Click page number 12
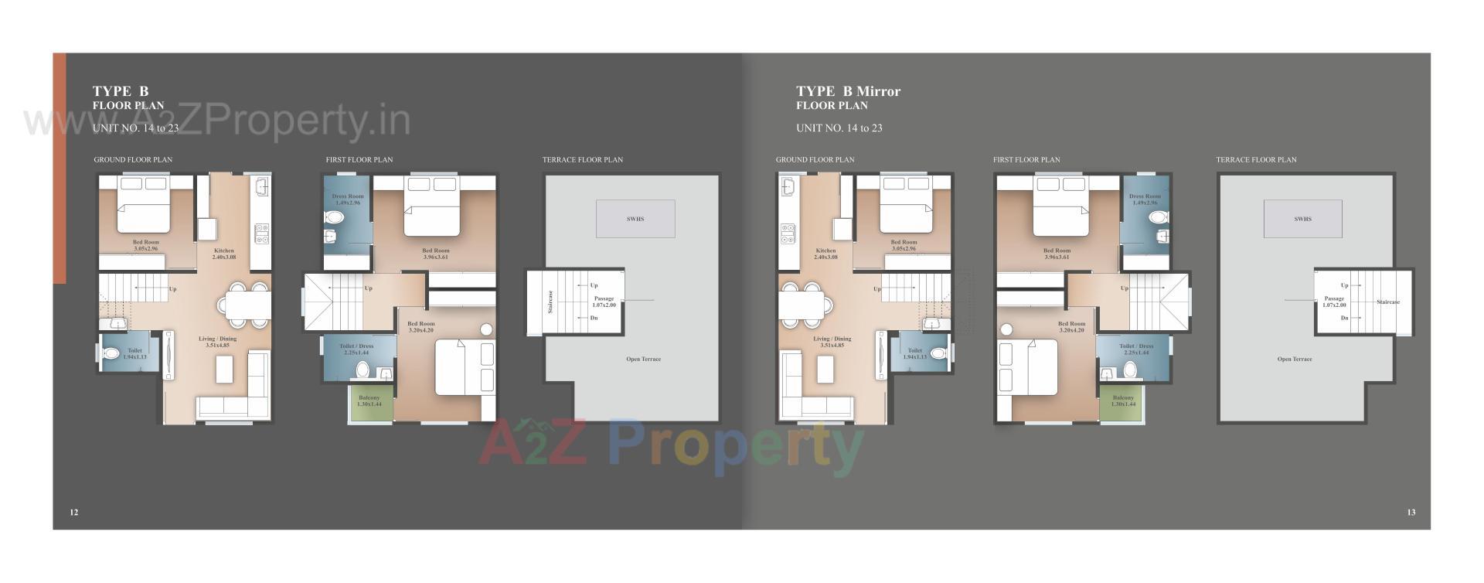(x=74, y=512)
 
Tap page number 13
(x=1411, y=512)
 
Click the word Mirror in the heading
(x=879, y=91)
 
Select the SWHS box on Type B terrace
(x=635, y=219)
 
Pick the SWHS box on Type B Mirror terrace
(x=1302, y=219)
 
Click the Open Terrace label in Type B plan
(x=644, y=359)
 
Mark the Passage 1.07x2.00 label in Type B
(x=604, y=302)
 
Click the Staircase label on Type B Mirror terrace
(x=1388, y=302)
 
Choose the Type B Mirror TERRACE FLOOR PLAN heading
(x=1256, y=160)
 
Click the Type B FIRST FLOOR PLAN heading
(x=359, y=160)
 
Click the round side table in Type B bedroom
(x=486, y=329)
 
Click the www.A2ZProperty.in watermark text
(x=216, y=121)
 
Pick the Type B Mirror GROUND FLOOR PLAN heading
(x=815, y=160)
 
